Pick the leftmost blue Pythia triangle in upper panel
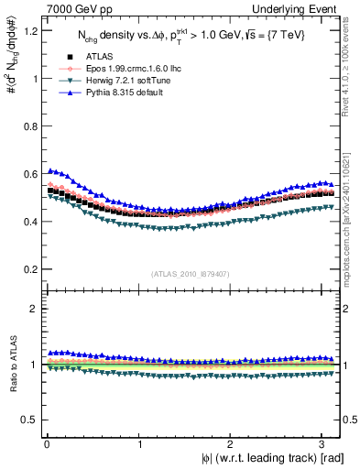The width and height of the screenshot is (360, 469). click(50, 170)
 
